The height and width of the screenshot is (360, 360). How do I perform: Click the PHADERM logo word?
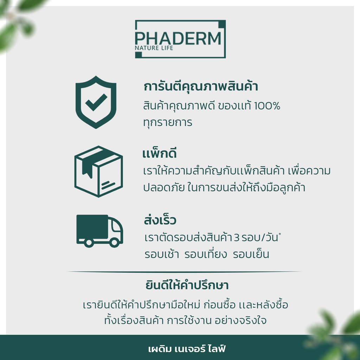[178, 38]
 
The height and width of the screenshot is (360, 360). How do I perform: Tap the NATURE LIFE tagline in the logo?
[154, 48]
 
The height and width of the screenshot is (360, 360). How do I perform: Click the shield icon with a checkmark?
[96, 102]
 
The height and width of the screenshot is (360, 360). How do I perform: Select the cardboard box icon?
[98, 171]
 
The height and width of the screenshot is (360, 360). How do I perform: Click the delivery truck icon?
[99, 231]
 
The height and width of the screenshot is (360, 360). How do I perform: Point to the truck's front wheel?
[114, 242]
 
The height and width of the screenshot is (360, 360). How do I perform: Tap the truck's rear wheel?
[88, 242]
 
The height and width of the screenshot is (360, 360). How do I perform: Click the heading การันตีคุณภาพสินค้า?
[201, 86]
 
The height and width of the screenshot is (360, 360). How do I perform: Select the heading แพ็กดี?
[159, 154]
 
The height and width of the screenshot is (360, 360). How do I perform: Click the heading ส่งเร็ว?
[160, 220]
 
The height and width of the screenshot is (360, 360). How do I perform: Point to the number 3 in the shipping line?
[237, 238]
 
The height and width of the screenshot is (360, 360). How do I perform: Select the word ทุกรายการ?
[168, 123]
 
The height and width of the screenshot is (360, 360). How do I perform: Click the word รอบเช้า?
[162, 254]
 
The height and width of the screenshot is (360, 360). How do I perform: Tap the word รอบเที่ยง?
[205, 254]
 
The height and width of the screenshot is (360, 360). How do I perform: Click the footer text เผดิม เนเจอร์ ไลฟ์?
[187, 350]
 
